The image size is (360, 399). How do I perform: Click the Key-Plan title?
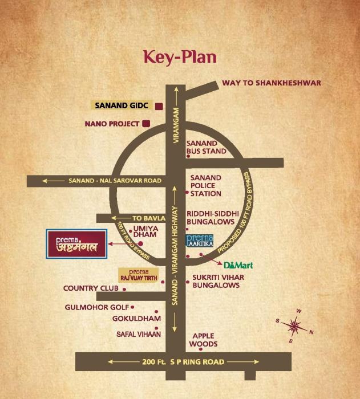pos(180,58)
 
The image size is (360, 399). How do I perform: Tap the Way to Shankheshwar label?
pos(272,83)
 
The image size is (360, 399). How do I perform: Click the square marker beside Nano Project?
pos(147,123)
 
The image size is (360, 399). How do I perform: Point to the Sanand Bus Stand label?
pos(207,148)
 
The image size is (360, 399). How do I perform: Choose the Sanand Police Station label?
pos(206,186)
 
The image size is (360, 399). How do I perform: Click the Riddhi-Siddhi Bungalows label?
pos(211,218)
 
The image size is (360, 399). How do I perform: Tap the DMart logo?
pos(238,265)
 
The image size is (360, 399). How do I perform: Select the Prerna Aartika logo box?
pos(200,241)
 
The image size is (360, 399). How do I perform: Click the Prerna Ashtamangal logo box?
pos(76,244)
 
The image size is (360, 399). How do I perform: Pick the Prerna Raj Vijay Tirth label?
pos(137,274)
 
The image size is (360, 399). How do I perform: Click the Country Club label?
pos(91,288)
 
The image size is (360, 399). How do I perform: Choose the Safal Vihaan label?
pos(139,334)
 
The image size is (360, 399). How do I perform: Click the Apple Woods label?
pos(204,340)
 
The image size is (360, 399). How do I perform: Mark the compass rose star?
pos(294,325)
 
